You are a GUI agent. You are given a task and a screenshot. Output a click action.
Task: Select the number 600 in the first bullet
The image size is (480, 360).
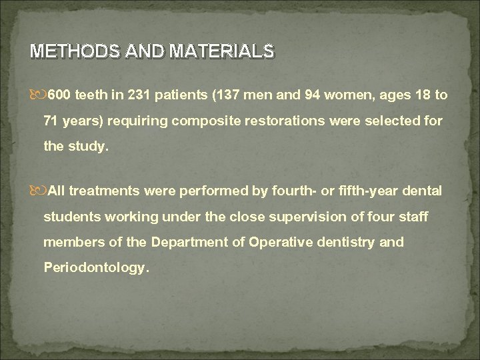(58, 95)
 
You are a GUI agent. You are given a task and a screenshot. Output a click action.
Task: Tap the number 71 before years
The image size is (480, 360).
(51, 123)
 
